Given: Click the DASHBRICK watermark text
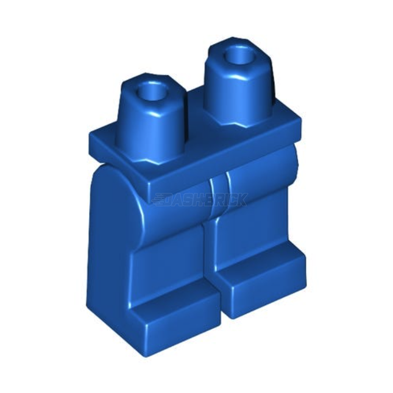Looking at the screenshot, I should tap(201, 199).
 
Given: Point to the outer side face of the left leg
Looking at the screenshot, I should tap(113, 256).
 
